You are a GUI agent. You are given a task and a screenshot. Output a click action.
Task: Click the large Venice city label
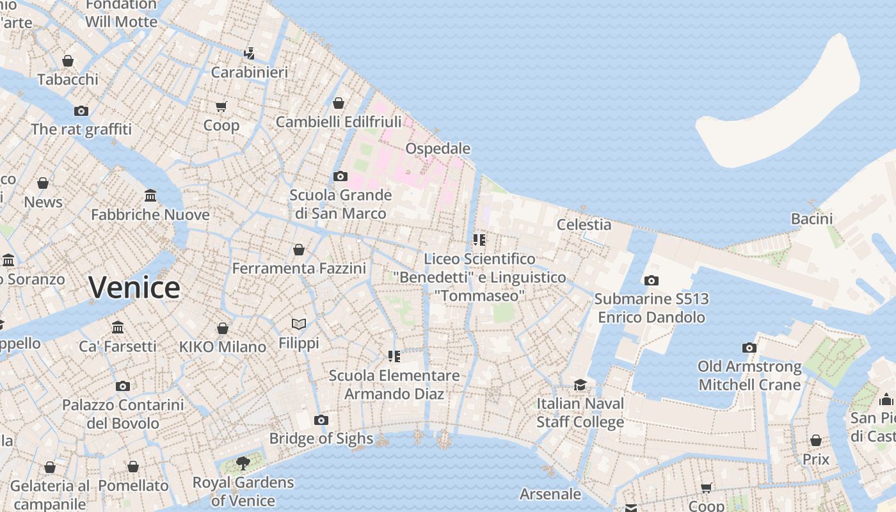[134, 287]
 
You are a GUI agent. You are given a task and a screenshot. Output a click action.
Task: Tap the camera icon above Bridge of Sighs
[321, 420]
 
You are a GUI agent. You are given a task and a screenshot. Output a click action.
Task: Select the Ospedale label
[438, 148]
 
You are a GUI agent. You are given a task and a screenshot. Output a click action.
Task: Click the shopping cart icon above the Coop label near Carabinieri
[221, 106]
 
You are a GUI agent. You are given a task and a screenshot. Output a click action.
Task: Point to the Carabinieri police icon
[250, 53]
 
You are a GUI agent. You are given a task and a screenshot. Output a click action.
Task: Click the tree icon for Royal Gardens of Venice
[243, 463]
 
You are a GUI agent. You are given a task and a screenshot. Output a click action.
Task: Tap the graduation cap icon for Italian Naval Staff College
[580, 385]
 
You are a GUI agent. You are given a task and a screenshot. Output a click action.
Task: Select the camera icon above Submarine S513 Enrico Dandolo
[652, 280]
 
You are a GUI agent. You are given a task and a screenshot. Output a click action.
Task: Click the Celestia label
[584, 225]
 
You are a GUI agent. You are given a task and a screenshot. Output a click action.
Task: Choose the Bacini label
[812, 219]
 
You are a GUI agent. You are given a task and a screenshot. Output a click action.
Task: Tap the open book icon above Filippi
[299, 324]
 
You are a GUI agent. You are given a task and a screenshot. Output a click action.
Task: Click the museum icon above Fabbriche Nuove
[150, 195]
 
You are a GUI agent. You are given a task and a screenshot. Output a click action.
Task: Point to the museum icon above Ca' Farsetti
[118, 327]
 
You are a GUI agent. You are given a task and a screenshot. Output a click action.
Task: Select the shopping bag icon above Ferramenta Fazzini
[299, 250]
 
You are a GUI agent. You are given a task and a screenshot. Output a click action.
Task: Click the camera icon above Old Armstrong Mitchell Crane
[749, 348]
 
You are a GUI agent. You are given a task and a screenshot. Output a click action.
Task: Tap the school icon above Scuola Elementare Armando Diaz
[394, 356]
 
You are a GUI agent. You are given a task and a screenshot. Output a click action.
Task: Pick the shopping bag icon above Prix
[816, 440]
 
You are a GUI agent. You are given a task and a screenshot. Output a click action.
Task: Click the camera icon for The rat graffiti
[81, 111]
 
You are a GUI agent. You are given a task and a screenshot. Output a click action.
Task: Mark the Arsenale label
[550, 494]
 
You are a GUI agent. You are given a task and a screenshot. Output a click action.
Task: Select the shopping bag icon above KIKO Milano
[223, 328]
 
